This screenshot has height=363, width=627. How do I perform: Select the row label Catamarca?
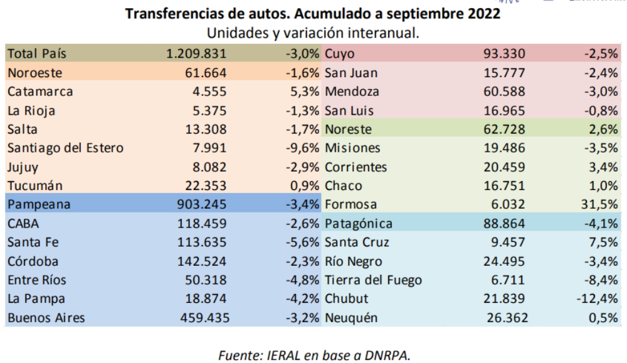point(41,92)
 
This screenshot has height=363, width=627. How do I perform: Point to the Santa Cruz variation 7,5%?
point(604,243)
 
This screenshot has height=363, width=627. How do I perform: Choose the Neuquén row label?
point(352,318)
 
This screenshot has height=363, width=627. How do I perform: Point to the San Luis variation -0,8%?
point(601,111)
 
